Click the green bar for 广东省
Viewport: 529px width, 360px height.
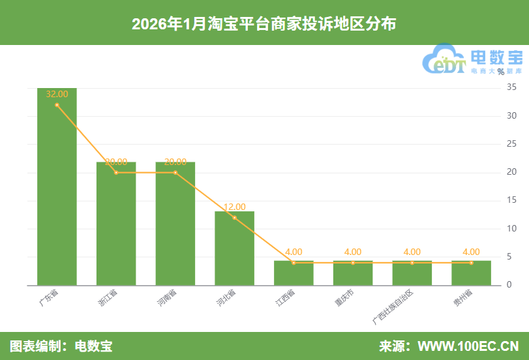tap(57, 189)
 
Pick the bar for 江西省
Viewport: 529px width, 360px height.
tap(294, 273)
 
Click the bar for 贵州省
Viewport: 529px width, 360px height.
tap(471, 273)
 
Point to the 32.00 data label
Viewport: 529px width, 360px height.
tap(57, 94)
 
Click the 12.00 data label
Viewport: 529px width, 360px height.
tap(235, 207)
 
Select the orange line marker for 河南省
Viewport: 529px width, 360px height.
tap(175, 173)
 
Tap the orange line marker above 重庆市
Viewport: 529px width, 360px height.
tap(353, 263)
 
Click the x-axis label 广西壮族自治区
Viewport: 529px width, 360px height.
tap(395, 306)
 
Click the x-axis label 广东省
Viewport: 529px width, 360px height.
tap(48, 299)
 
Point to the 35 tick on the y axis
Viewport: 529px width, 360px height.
tap(511, 87)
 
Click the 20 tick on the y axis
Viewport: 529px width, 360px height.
tap(511, 172)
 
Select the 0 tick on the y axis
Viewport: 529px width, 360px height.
tap(509, 286)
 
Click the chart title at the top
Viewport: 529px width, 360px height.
tap(264, 23)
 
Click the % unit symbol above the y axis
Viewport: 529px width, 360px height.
tap(500, 72)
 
